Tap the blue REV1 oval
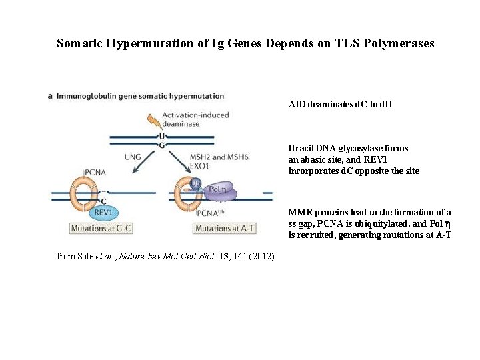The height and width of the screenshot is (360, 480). click(103, 211)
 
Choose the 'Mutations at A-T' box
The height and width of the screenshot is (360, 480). click(224, 229)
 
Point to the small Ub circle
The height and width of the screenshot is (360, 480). click(195, 182)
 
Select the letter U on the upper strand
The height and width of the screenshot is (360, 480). click(161, 135)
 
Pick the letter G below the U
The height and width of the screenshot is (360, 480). click(161, 145)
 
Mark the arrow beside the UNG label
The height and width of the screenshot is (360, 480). click(141, 167)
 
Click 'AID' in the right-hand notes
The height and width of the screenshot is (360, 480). click(297, 105)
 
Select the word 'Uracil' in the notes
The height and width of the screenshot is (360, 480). click(301, 148)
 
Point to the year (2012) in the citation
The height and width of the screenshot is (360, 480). click(262, 256)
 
